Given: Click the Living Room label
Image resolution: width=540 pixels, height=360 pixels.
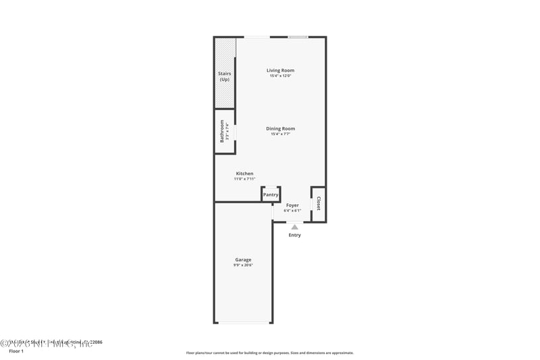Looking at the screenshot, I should [280, 70].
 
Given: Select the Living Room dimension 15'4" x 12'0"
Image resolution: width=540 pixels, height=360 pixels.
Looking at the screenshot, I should [280, 76].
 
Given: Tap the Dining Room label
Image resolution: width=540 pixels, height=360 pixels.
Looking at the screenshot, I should [280, 128].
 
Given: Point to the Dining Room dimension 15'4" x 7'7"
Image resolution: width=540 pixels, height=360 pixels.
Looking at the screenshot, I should [280, 134].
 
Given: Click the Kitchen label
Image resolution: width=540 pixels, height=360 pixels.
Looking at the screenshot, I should [244, 174].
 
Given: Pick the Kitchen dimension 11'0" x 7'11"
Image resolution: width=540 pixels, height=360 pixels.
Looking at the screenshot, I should [244, 179].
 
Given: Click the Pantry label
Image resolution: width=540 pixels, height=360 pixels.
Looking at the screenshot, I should [271, 195].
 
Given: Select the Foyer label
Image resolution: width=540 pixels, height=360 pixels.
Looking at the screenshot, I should [292, 205].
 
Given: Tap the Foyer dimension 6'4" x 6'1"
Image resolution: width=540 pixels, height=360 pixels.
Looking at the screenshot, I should [292, 210].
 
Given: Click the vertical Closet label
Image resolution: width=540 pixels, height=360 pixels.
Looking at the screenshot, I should [319, 203].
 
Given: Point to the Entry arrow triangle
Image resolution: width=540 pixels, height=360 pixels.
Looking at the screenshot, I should [294, 227].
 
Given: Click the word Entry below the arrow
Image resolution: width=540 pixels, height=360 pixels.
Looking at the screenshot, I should [295, 235].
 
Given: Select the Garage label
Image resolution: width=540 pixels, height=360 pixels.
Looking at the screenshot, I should [243, 259].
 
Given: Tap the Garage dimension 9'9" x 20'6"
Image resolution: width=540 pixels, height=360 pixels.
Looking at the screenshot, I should [243, 265].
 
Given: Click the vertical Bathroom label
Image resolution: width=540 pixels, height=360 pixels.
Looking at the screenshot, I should [221, 130].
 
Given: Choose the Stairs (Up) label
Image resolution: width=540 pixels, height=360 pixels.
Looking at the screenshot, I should [225, 77].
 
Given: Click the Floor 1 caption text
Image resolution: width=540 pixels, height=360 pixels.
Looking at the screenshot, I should [16, 351].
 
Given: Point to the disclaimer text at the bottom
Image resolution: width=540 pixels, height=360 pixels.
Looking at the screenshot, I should [269, 353].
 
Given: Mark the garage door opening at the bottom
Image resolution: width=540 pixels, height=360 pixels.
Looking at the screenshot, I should [243, 323].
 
